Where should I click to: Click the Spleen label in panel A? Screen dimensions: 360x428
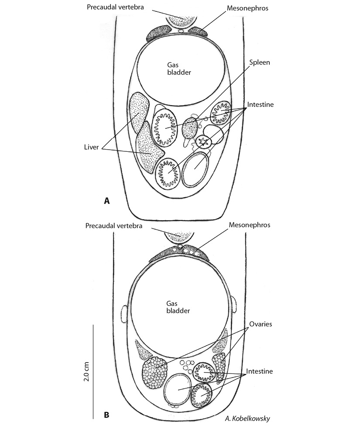coord(259,62)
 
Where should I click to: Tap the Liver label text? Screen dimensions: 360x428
coord(92,147)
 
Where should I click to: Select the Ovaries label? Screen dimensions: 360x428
coord(261,324)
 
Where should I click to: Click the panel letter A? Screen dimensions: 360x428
coord(107,201)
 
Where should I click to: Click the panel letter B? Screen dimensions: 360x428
coord(107,415)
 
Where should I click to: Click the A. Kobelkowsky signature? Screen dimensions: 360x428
coord(247,418)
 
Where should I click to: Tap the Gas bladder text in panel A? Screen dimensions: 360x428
coord(179,68)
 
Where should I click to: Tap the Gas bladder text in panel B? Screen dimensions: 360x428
coord(178,307)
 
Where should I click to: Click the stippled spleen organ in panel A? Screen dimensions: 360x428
coord(190,128)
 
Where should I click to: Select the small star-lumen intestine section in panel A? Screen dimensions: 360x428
coord(203,141)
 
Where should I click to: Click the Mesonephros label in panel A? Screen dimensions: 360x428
coord(247,8)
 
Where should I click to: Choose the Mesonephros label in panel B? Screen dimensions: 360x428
coord(250,225)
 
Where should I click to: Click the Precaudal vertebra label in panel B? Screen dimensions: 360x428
coord(114,226)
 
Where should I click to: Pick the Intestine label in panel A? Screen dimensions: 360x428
coord(261,105)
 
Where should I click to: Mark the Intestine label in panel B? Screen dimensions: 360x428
coord(259,371)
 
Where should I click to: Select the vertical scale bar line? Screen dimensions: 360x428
coord(93,371)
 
